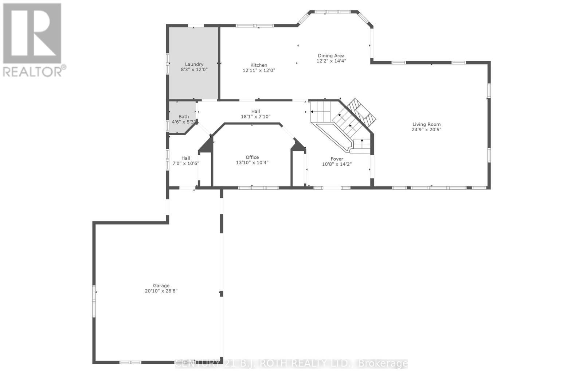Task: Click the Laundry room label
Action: [x=194, y=64]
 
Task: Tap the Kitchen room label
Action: [x=259, y=65]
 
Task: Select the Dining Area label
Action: [x=331, y=56]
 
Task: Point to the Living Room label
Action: [x=426, y=124]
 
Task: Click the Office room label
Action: [x=252, y=158]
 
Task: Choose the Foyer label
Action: [x=337, y=159]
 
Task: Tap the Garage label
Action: [x=161, y=286]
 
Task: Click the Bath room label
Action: [x=184, y=117]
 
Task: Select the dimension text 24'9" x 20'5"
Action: [x=426, y=129]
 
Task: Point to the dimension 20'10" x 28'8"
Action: [x=161, y=291]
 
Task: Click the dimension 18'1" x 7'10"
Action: [x=255, y=117]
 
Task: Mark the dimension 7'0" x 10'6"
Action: [x=186, y=163]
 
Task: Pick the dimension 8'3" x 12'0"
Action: [x=194, y=69]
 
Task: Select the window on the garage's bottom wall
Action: [x=130, y=362]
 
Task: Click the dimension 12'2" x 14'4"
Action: [x=331, y=61]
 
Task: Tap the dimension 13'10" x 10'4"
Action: [x=252, y=163]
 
